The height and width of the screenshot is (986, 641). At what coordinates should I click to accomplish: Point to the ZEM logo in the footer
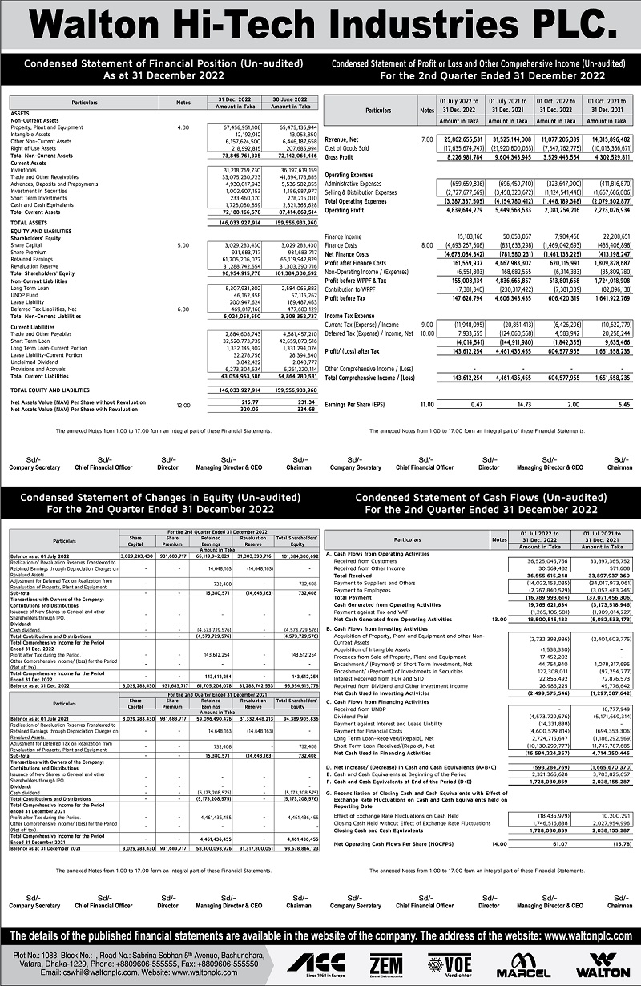(386, 964)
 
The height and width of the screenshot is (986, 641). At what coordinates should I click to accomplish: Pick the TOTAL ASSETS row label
(28, 221)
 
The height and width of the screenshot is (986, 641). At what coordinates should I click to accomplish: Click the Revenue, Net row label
(343, 139)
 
